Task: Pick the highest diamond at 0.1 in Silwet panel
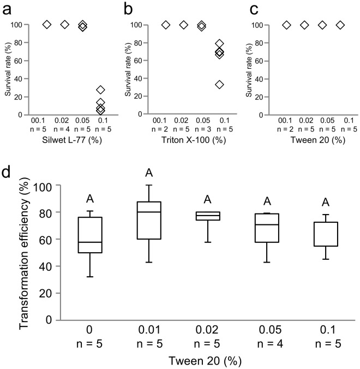click(100, 90)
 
